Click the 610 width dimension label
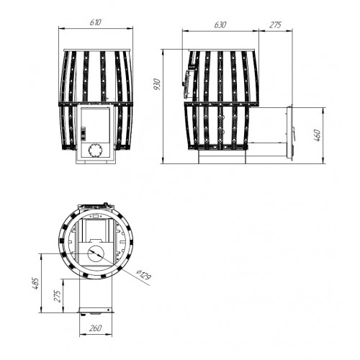click(96, 22)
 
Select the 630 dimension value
click(220, 25)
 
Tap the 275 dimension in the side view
click(275, 25)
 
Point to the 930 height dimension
click(157, 84)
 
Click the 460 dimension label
click(317, 135)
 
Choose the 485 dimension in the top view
click(35, 284)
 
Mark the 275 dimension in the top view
click(58, 296)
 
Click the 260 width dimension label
click(95, 328)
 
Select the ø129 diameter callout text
click(143, 275)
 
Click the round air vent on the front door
click(96, 150)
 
